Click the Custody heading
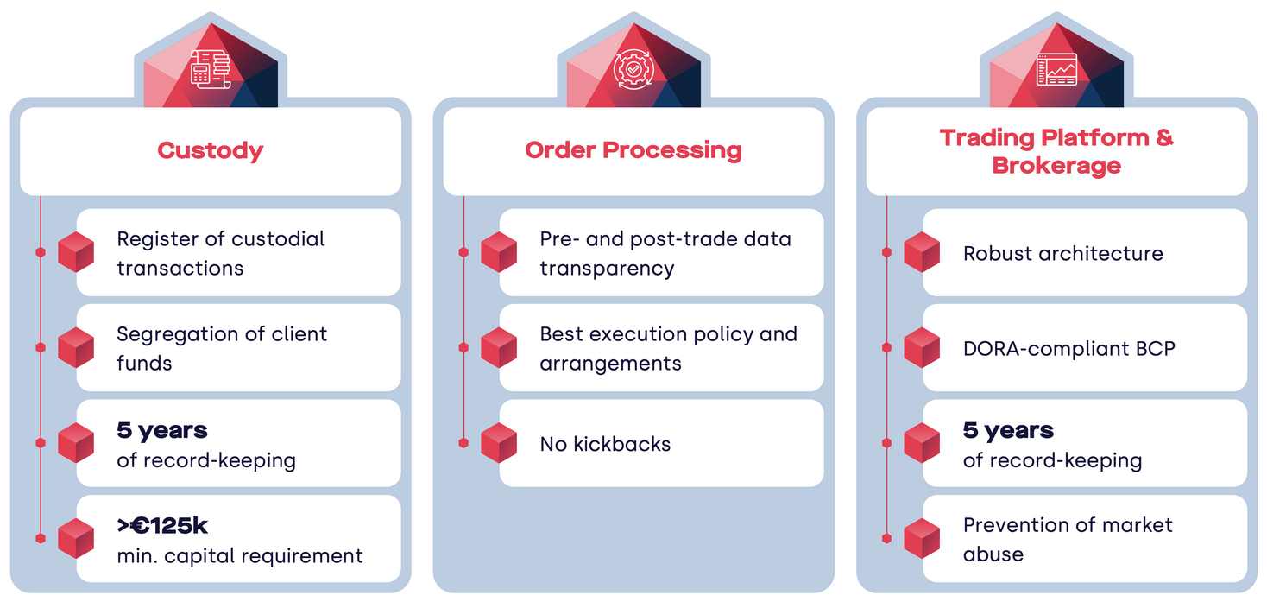coord(210,150)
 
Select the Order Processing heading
coord(633,150)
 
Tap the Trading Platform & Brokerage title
coord(1056,151)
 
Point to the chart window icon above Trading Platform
coord(1056,69)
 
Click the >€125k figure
coord(162,525)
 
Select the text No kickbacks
coord(605,444)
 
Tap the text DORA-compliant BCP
coord(1068,349)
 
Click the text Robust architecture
coord(1062,254)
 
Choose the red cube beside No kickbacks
coord(499,443)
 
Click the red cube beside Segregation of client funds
coord(76,348)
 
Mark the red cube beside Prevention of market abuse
coord(922,538)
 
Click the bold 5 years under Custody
coord(162,430)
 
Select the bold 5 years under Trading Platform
coord(1008,430)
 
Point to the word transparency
coord(607,269)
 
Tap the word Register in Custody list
coord(153,239)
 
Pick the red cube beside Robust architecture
coord(922,253)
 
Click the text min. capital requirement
coord(240,555)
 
